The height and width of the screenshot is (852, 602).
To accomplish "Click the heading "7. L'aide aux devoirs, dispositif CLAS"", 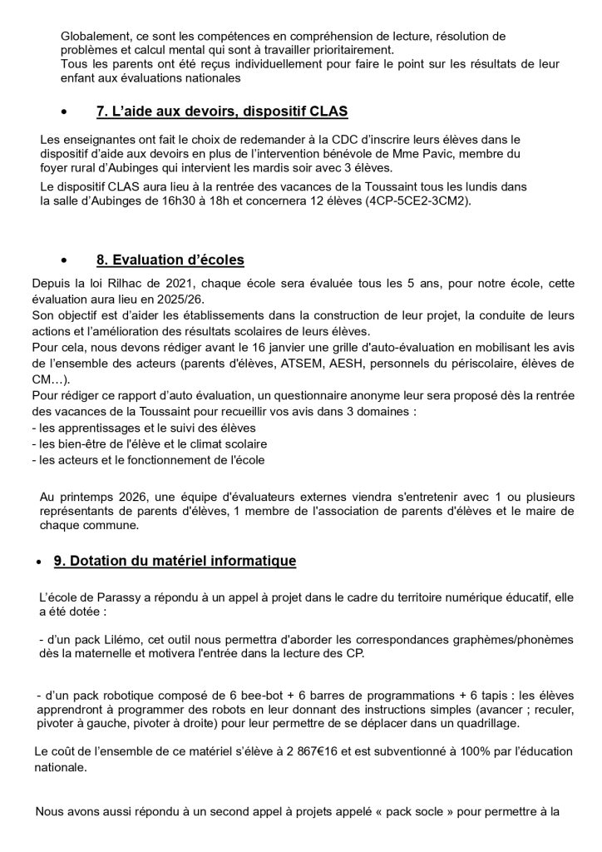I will [222, 111].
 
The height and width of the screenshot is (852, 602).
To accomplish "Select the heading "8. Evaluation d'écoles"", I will [170, 260].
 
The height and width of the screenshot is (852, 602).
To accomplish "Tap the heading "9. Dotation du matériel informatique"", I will [175, 562].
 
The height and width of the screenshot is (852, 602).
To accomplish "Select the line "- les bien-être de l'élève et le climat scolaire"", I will [154, 443].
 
